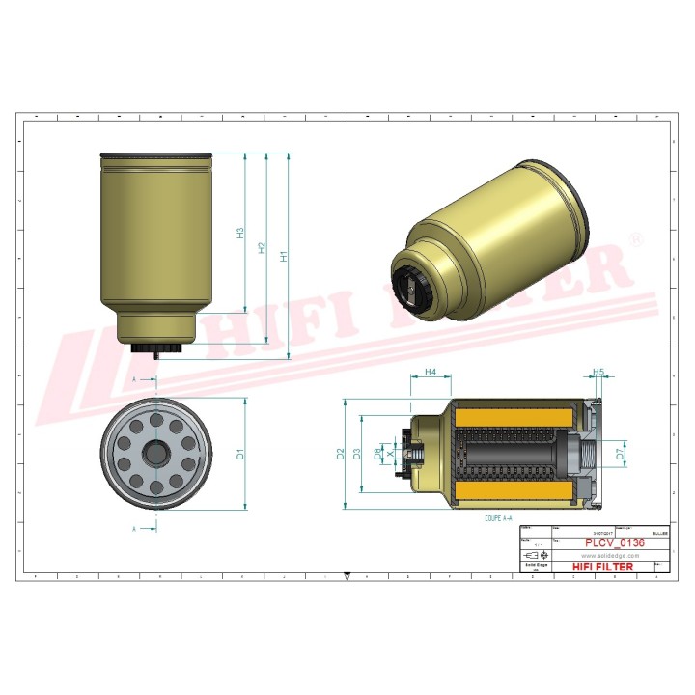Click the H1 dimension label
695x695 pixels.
coord(284,256)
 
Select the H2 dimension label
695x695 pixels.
coord(262,248)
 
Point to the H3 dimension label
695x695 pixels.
coord(240,233)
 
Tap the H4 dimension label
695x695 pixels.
coord(431,372)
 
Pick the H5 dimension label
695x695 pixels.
coord(598,372)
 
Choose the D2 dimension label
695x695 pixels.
coord(341,453)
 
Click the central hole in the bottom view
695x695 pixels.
coord(154,453)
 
